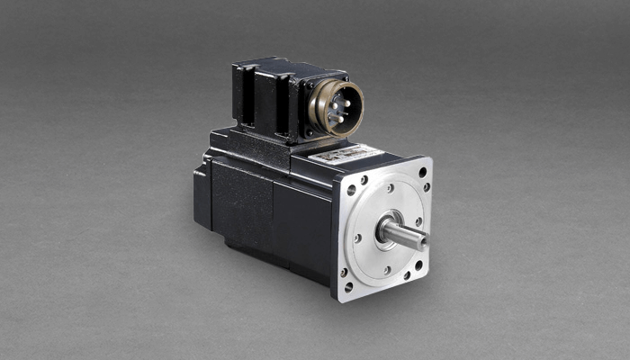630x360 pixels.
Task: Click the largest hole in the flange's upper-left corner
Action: [351, 190]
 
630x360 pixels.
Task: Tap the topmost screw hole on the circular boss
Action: [389, 188]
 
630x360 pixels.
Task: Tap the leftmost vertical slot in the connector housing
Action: [240, 94]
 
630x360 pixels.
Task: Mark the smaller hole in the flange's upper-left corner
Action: [364, 180]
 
